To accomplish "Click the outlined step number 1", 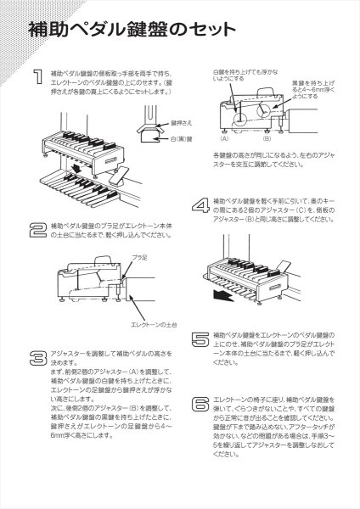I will (38, 79).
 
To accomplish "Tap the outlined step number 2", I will (38, 228).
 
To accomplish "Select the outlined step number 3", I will (38, 357).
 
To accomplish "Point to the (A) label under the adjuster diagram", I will (226, 137).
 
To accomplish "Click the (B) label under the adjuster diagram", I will (265, 137).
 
